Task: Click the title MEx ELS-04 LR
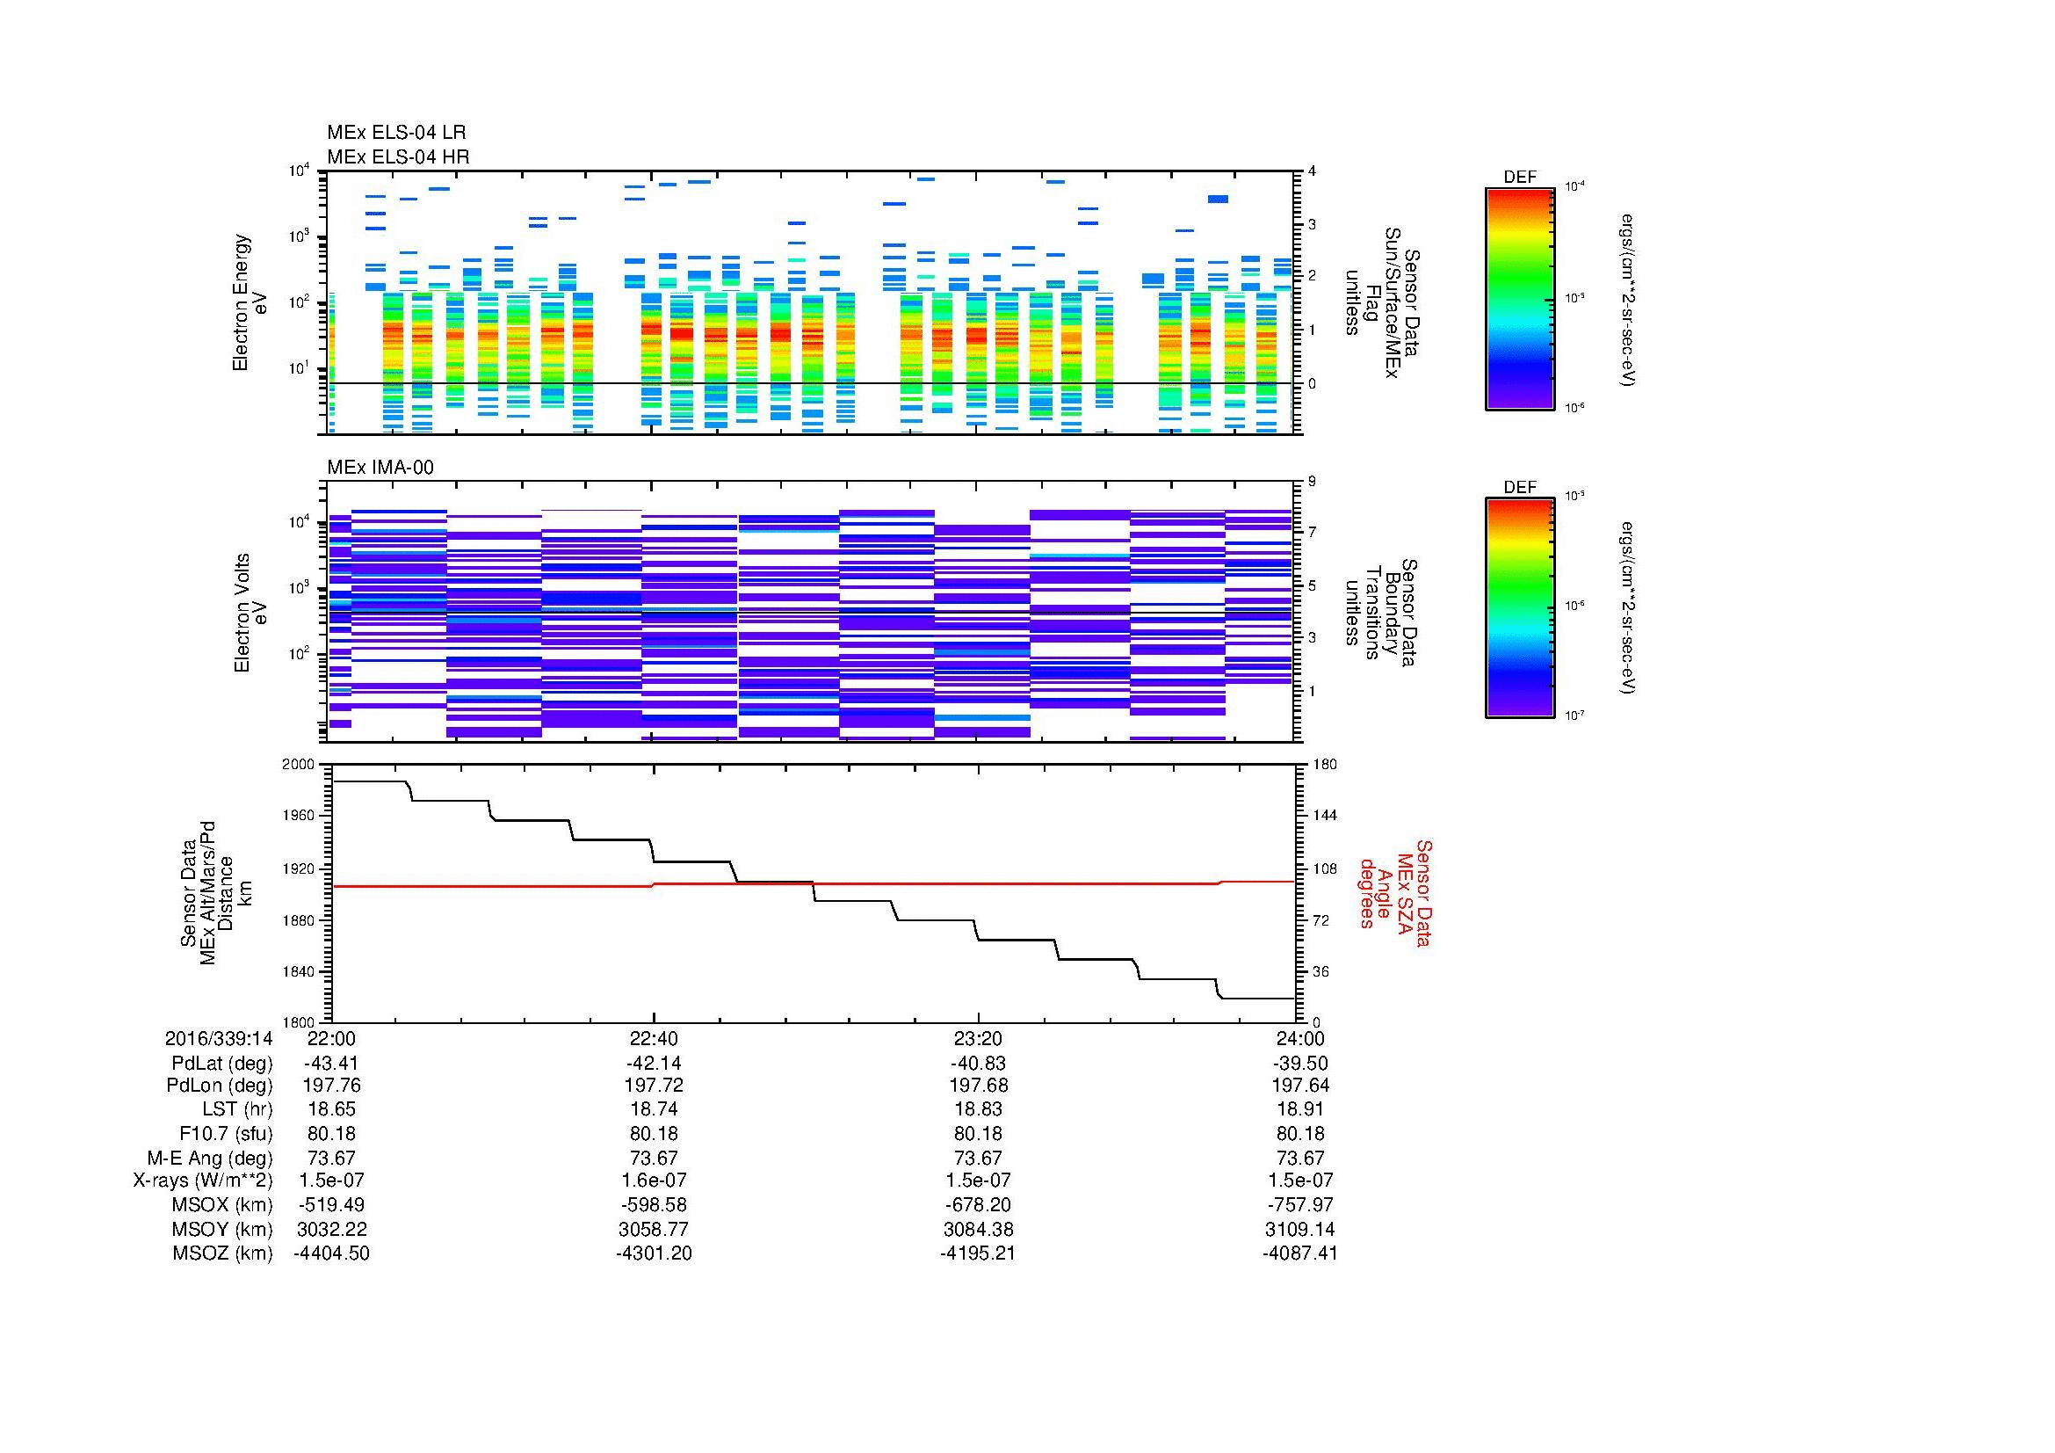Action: click(x=395, y=134)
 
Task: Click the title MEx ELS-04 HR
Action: click(x=397, y=156)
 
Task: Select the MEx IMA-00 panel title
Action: click(x=380, y=468)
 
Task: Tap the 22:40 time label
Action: click(x=654, y=1038)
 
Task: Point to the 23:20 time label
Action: click(x=977, y=1038)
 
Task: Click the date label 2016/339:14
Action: click(x=219, y=1038)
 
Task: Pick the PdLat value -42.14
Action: click(x=654, y=1064)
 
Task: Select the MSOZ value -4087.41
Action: click(x=1299, y=1253)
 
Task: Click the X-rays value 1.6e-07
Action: click(x=654, y=1181)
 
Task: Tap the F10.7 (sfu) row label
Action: click(x=226, y=1133)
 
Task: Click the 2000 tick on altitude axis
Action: click(x=300, y=765)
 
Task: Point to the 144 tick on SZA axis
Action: click(x=1325, y=816)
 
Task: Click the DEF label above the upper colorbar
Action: click(x=1519, y=178)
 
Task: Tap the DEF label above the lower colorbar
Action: click(x=1519, y=487)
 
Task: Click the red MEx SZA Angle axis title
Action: click(x=1395, y=892)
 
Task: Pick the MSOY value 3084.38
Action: click(x=977, y=1229)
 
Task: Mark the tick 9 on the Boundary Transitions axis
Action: click(x=1312, y=482)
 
